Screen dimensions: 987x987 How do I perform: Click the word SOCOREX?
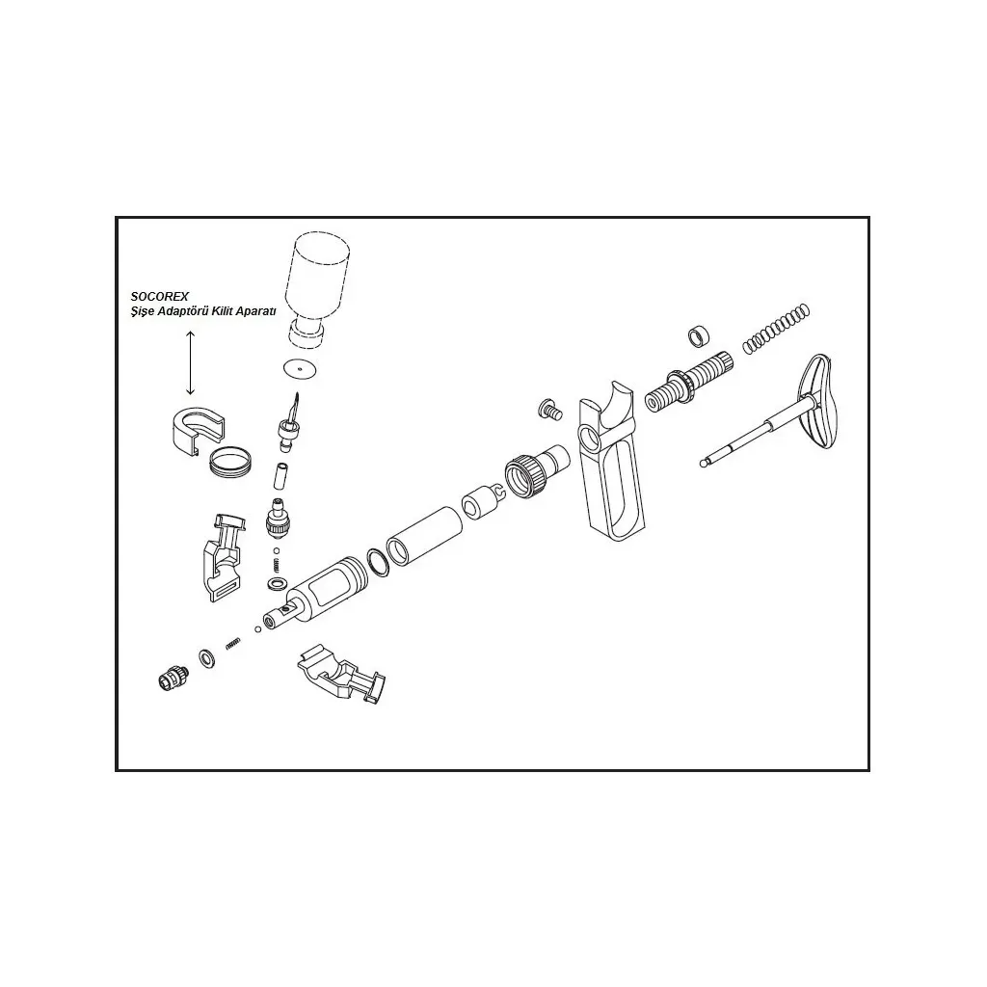pos(160,297)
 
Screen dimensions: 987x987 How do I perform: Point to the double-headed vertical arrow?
pos(190,363)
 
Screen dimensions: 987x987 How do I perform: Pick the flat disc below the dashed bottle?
pos(300,369)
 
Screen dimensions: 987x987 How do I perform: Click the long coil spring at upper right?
pos(776,329)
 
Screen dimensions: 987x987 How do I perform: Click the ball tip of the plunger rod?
pos(704,464)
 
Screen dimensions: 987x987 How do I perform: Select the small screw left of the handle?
pos(548,410)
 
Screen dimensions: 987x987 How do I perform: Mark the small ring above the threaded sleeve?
pos(699,336)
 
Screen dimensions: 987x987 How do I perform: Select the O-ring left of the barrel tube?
pos(378,562)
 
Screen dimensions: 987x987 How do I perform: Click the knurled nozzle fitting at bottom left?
pos(172,676)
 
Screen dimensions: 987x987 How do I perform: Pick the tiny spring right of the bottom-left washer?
pos(233,643)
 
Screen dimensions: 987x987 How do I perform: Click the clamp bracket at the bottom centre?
pos(341,674)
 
